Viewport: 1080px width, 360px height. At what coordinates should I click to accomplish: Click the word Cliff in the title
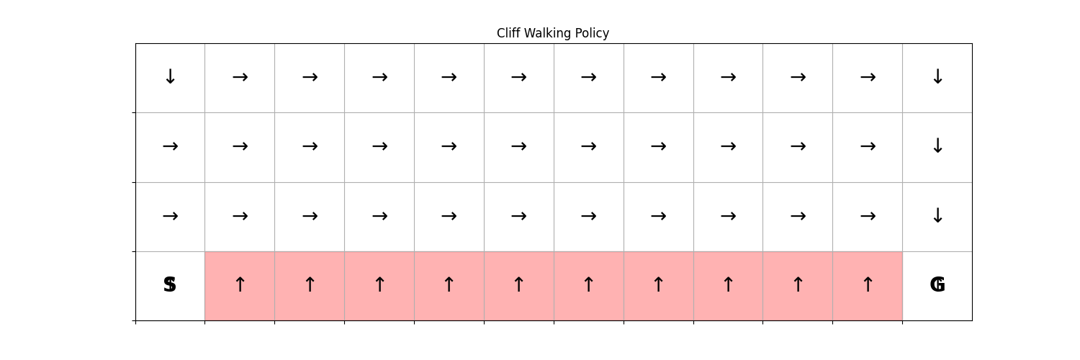pos(508,33)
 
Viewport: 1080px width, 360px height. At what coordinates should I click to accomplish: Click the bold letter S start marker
pos(170,285)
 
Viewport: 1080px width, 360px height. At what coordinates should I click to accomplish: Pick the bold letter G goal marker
pos(937,285)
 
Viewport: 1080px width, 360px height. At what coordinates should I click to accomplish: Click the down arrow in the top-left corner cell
pos(170,76)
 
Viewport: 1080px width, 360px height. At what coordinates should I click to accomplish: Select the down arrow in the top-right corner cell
pos(937,76)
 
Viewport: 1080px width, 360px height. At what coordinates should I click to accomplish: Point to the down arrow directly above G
pos(937,215)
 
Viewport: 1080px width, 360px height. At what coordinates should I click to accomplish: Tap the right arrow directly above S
pos(170,216)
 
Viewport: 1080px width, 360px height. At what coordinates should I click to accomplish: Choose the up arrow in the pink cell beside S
pos(240,284)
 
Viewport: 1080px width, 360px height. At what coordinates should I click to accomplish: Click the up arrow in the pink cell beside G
pos(868,284)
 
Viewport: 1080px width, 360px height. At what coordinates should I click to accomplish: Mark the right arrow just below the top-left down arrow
pos(170,146)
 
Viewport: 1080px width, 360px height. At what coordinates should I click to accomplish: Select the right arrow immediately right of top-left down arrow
pos(240,77)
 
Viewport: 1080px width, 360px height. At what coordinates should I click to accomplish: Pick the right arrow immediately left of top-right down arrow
pos(868,77)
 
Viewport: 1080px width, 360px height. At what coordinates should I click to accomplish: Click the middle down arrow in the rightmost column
pos(937,145)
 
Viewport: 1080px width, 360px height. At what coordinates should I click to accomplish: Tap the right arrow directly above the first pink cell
pos(240,216)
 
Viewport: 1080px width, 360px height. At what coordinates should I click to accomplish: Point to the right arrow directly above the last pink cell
pos(868,216)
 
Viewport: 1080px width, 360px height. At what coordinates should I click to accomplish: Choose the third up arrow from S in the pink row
pos(380,284)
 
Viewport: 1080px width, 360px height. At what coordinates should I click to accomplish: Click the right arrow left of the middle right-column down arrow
pos(868,146)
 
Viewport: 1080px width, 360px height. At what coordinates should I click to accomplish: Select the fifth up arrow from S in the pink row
pos(519,284)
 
